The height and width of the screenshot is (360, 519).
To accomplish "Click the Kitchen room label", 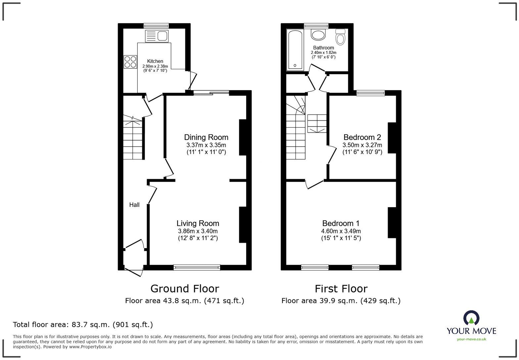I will pos(155,61).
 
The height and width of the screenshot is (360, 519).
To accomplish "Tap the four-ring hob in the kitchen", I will pos(130,62).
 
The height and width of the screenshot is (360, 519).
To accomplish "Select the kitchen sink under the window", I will pos(157,36).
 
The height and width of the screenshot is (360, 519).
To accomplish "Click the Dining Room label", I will pos(206,137).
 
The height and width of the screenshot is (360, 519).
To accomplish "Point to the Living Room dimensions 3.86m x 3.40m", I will pos(198,231).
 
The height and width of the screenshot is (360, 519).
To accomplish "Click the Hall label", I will pos(134,205).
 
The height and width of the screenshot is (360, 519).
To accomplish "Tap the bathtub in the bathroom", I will pos(295,50).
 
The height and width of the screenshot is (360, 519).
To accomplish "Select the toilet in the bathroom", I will pos(340,37).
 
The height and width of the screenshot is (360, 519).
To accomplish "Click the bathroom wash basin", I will pos(318,35).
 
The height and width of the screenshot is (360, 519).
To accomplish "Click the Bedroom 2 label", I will pos(362,137).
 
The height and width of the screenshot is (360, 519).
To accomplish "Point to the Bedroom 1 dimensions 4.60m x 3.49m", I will pos(341,231).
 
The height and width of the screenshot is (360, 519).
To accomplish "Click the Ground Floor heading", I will pos(185,289).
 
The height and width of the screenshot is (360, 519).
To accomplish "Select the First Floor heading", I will pos(341,289).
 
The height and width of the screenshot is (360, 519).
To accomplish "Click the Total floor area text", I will pos(83,325).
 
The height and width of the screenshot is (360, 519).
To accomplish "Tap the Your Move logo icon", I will pos(471,318).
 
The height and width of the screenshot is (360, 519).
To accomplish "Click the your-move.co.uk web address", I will pos(471,339).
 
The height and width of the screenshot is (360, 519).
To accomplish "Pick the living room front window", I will pos(197,267).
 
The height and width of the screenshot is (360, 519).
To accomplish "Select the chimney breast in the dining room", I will pos(243,137).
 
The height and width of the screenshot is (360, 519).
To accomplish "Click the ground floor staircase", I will pos(133,139).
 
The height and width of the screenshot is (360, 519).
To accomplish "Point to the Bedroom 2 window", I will pos(370,93).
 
